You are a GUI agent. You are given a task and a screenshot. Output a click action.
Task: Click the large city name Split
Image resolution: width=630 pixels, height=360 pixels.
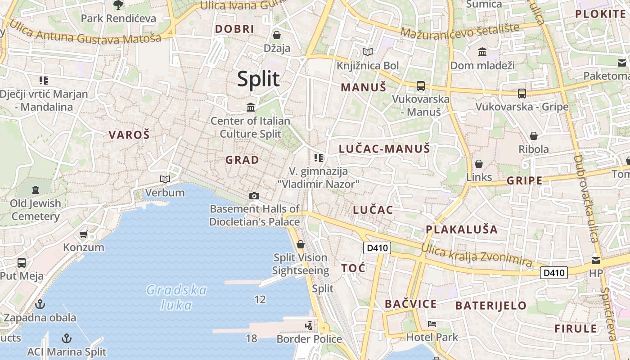(x=258, y=79)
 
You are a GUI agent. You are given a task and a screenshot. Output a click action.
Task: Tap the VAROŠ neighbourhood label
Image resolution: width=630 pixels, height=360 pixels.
(x=129, y=135)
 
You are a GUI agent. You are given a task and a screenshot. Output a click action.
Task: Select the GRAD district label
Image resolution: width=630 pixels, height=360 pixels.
(x=242, y=160)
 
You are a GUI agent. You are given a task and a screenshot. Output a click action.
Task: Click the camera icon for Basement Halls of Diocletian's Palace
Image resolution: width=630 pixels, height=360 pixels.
(x=254, y=196)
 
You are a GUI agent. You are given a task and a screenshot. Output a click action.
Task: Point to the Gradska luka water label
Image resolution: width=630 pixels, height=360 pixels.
(x=177, y=297)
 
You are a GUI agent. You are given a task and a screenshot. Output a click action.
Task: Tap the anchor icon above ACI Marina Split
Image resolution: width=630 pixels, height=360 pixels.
(x=67, y=338)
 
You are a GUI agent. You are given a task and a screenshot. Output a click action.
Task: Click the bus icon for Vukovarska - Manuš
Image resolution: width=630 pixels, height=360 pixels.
(x=421, y=85)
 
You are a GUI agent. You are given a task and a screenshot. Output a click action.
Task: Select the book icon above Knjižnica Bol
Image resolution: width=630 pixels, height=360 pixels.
(x=368, y=52)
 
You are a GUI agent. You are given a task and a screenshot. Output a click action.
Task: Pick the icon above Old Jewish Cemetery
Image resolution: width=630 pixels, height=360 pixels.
(x=36, y=190)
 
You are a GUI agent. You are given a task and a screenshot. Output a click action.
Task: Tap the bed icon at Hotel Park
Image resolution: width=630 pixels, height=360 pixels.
(x=432, y=324)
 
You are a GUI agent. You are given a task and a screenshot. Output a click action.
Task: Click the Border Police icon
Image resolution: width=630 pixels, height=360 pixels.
(x=309, y=325)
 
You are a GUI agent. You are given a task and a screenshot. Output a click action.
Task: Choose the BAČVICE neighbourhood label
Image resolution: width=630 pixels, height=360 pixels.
(x=410, y=304)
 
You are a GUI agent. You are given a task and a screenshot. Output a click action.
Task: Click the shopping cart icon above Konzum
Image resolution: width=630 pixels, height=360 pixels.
(x=83, y=234)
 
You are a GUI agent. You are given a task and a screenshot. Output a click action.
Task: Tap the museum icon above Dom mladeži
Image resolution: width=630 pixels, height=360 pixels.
(x=482, y=52)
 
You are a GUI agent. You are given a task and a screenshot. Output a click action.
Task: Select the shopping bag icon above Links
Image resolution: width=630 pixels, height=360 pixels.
(x=479, y=163)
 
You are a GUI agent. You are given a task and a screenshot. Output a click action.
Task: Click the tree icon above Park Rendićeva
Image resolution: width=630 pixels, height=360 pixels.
(x=118, y=5)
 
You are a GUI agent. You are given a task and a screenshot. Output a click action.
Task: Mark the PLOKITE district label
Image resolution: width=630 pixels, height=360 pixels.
(x=600, y=14)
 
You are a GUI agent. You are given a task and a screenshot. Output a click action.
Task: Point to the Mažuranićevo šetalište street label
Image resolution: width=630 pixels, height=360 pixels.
(x=459, y=30)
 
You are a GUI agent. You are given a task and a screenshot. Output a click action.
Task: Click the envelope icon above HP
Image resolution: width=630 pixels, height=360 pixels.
(x=596, y=260)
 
